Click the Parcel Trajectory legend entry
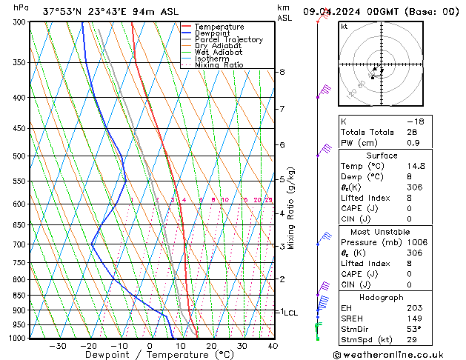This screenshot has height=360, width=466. pos(229,39)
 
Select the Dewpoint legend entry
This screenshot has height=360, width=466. pos(219,33)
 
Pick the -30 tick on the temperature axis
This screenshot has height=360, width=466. pos(58,346)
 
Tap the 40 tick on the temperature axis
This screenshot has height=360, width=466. pos(273,346)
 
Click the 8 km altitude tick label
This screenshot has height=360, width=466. pos(282,72)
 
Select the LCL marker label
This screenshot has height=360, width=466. pos(290,313)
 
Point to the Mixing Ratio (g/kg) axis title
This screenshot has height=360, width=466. pos(293,208)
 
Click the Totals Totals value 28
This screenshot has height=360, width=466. pos(412,132)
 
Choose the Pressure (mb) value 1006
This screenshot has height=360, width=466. pos(417,241)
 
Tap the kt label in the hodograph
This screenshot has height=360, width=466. pos(344,27)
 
